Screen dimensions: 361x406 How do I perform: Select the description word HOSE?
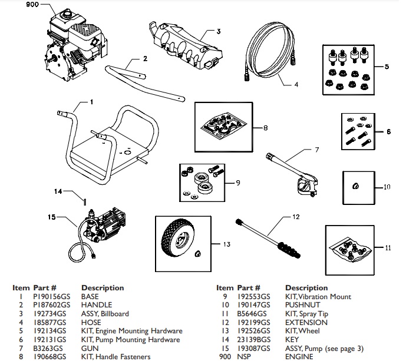(x=91, y=323)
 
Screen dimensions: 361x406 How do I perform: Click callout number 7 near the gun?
(x=316, y=150)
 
